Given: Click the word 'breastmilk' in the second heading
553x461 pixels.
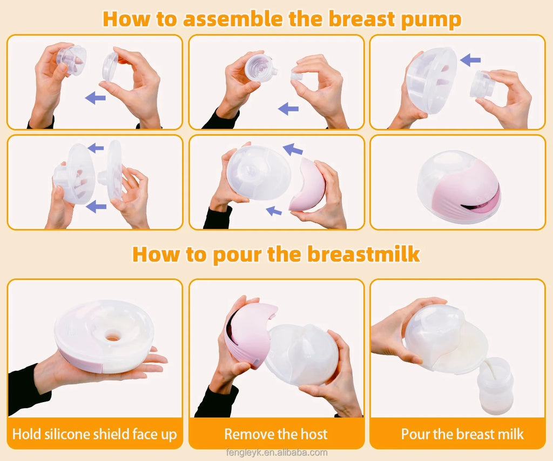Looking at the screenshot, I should point(363,253).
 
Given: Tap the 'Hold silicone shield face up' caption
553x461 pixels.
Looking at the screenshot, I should point(95,434).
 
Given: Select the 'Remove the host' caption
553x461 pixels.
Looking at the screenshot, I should point(276,434).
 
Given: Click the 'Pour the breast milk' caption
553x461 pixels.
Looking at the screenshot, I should point(462,434).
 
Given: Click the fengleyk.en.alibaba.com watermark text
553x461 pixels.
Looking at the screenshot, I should point(276,452).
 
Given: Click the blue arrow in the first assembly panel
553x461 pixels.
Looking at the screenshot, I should point(96,97).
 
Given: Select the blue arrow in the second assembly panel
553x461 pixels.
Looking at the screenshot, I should point(288,109).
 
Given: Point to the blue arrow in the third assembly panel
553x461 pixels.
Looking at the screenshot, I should point(470,60).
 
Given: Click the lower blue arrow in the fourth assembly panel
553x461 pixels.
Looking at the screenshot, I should point(96,205).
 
